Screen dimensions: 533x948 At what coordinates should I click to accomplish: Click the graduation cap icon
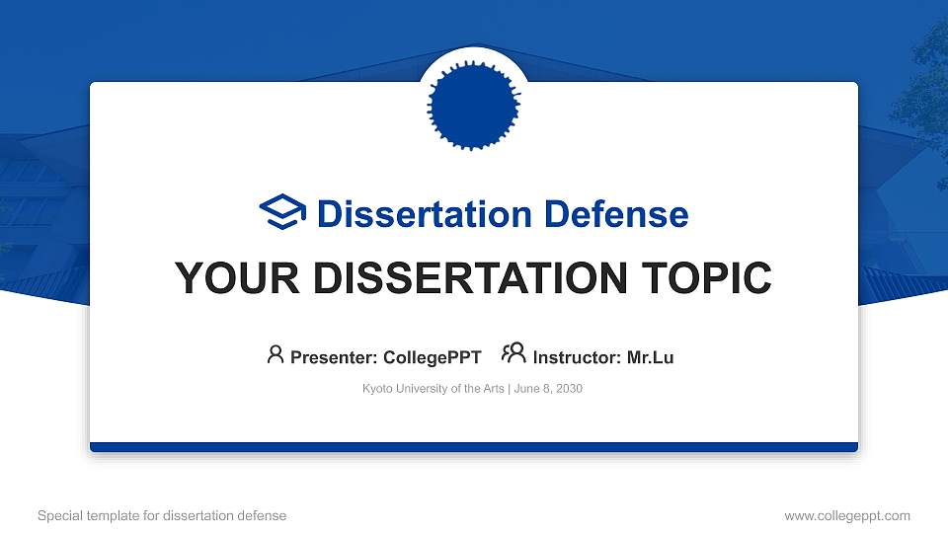point(282,212)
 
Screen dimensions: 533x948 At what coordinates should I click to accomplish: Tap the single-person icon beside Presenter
point(276,354)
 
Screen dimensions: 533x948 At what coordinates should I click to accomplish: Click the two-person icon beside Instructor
point(513,353)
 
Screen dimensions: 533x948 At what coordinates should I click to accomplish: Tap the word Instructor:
point(577,357)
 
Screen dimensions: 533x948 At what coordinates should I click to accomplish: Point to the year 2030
point(569,389)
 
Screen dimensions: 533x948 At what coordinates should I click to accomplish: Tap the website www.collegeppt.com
point(847,515)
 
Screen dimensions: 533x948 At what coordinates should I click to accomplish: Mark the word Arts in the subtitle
point(491,389)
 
